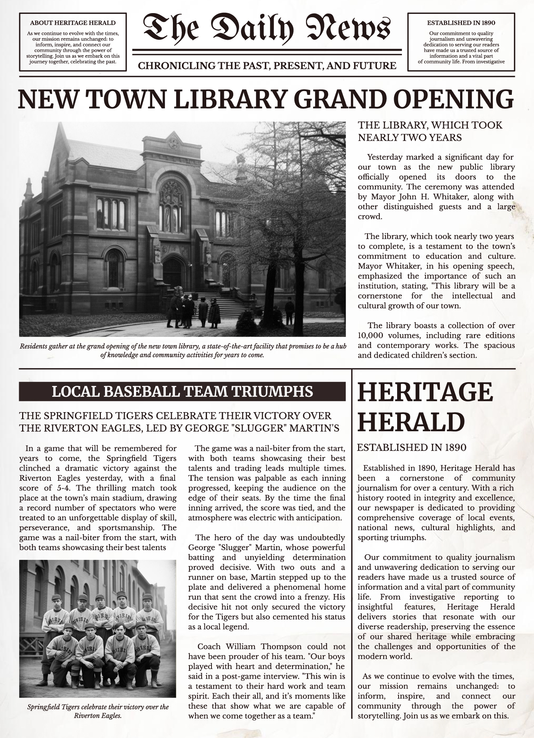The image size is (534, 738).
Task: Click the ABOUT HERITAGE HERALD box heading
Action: pyautogui.click(x=73, y=23)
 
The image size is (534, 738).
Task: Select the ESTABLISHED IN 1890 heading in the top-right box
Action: pyautogui.click(x=461, y=23)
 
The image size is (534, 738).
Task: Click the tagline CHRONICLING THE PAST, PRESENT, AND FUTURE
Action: pyautogui.click(x=267, y=66)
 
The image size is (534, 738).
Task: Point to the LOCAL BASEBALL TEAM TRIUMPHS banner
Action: pyautogui.click(x=182, y=391)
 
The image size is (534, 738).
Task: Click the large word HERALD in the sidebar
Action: pyautogui.click(x=411, y=422)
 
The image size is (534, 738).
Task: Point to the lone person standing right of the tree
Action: pyautogui.click(x=289, y=310)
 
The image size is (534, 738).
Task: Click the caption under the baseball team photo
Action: pyautogui.click(x=98, y=711)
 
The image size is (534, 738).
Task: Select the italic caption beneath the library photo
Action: pyautogui.click(x=183, y=350)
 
